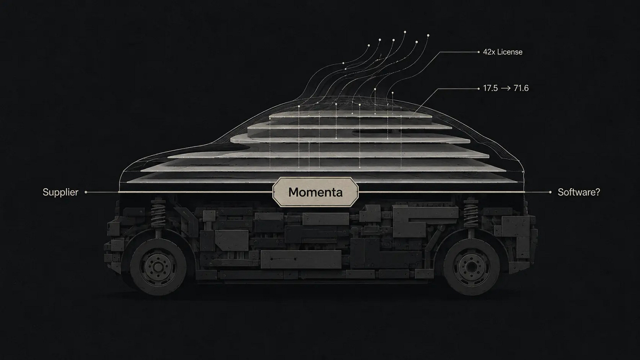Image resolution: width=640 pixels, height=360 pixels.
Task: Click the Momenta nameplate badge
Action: (316, 192)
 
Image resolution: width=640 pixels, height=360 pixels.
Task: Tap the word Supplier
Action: (60, 192)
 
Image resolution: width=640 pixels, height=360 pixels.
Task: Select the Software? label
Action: (579, 192)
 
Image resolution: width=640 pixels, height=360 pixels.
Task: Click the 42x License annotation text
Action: (502, 52)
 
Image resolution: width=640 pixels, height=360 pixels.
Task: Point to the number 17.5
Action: (490, 88)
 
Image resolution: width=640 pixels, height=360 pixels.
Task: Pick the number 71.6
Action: (521, 88)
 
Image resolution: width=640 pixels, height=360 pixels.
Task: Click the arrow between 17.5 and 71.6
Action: (505, 89)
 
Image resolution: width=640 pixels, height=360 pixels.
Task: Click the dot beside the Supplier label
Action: (86, 192)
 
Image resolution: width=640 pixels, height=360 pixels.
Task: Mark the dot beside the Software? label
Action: (550, 192)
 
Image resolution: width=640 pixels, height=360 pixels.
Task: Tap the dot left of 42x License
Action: (479, 52)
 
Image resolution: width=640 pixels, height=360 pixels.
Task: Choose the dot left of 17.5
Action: (479, 89)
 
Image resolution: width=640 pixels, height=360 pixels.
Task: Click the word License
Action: (510, 52)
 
